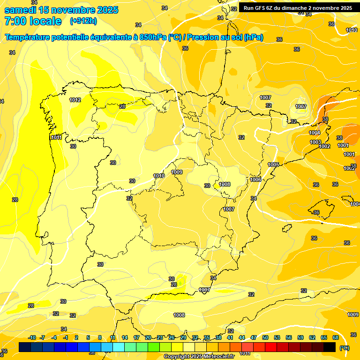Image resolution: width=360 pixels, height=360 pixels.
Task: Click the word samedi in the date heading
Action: click(20, 10)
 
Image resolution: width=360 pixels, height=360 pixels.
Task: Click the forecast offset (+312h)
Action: click(83, 21)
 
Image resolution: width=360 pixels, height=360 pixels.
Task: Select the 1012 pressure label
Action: click(75, 100)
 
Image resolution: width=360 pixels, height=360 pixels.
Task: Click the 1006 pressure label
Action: click(255, 180)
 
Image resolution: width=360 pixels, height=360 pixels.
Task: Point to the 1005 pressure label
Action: click(273, 165)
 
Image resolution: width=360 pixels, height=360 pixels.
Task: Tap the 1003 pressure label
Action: click(315, 142)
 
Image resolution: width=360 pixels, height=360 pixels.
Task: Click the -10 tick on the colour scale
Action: click(32, 337)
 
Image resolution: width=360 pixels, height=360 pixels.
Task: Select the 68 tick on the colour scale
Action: click(336, 337)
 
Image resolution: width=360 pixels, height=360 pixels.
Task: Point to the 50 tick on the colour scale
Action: click(265, 337)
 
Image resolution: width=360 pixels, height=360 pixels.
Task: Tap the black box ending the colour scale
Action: click(330, 347)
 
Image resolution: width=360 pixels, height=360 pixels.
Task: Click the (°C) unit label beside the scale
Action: click(345, 347)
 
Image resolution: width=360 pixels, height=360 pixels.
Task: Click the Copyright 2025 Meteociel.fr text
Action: click(199, 357)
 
